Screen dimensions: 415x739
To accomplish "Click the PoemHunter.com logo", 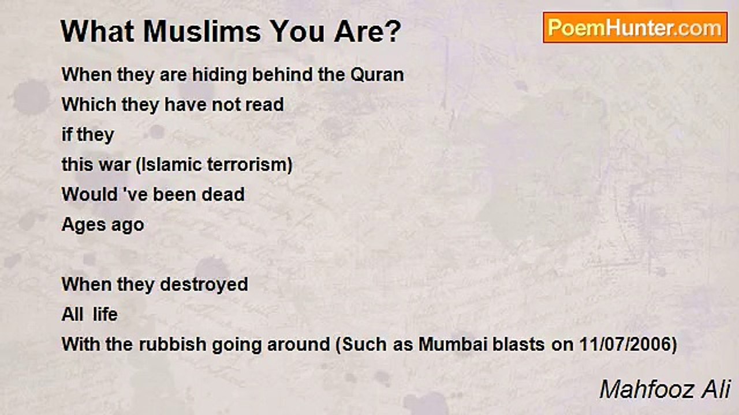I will click(635, 28).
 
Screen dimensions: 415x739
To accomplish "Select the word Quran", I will click(376, 75).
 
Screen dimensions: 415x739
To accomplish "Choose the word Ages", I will click(81, 225).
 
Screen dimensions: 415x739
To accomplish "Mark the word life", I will click(106, 315).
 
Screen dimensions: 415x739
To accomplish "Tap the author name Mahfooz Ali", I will click(664, 390).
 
